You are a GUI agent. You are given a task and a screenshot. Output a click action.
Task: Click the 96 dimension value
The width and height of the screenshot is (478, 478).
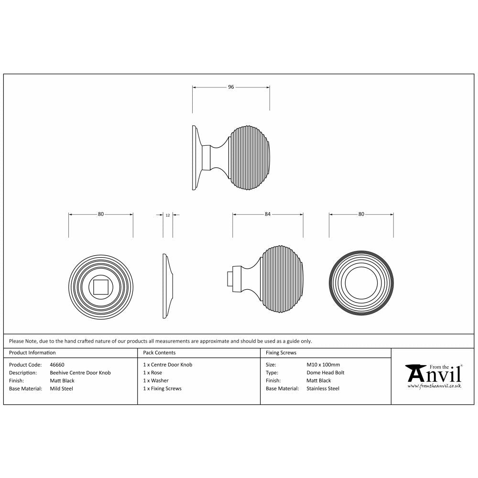click(231, 87)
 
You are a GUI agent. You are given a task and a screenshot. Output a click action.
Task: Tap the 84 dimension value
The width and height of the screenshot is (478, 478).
click(268, 215)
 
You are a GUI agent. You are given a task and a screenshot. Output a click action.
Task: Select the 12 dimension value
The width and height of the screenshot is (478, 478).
click(168, 215)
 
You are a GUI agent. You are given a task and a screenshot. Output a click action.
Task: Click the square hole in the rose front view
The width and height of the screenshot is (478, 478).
click(101, 287)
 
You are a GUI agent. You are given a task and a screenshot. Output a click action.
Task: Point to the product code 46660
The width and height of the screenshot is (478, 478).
click(57, 365)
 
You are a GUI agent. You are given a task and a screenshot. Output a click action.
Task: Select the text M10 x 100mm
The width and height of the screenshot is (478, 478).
click(323, 365)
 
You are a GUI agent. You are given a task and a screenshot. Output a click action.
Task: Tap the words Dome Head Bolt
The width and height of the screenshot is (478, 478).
click(325, 373)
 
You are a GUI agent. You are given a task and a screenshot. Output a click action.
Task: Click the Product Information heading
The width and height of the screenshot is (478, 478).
click(33, 353)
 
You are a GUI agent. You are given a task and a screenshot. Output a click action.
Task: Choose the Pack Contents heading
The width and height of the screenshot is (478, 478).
click(159, 353)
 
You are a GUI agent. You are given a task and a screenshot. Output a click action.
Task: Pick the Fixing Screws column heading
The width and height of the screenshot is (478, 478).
click(281, 353)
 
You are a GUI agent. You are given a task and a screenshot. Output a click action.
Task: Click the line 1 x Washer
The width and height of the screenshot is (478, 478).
click(156, 381)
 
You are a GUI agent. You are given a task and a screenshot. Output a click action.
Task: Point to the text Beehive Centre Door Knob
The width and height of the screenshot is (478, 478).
click(80, 373)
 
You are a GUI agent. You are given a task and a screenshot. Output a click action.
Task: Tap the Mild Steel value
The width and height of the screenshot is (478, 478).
click(62, 389)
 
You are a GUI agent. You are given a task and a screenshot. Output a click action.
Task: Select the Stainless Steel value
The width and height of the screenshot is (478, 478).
click(323, 389)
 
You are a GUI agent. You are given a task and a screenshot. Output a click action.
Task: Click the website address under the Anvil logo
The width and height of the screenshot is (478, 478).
click(434, 385)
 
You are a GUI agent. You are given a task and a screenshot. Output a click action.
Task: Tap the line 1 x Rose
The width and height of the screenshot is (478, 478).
click(152, 373)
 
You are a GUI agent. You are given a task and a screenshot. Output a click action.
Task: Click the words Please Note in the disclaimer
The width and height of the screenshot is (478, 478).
click(21, 341)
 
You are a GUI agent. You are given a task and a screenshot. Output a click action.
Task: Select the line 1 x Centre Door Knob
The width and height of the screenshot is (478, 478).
click(168, 365)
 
